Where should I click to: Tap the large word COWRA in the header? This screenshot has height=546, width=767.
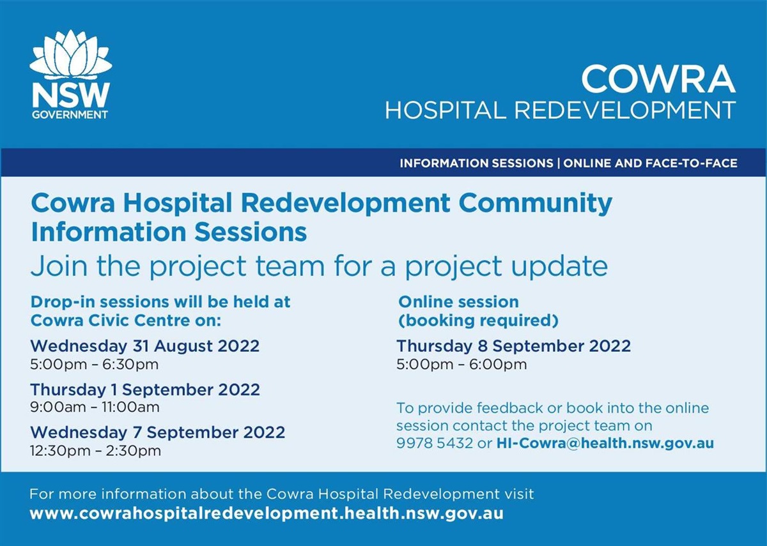[x=658, y=79]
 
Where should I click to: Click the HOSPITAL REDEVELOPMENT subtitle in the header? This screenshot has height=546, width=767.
[x=560, y=110]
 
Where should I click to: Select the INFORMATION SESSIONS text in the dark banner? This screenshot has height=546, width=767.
[x=476, y=163]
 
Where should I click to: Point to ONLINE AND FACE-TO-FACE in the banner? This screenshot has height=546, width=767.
[x=650, y=163]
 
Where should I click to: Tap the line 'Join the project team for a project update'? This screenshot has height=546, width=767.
[x=319, y=266]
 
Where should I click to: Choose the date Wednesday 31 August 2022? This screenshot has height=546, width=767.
[x=145, y=346]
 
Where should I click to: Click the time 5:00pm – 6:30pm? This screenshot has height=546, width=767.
[x=94, y=365]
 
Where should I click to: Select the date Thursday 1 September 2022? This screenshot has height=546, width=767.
[x=145, y=389]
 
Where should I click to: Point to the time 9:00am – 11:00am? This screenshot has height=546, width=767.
[x=95, y=407]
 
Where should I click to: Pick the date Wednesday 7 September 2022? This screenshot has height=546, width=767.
[x=157, y=432]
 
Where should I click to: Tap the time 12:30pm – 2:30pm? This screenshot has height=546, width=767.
[x=95, y=450]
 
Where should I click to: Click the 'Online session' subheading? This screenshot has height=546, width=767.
[x=458, y=301]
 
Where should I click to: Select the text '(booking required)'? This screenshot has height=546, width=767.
[x=478, y=319]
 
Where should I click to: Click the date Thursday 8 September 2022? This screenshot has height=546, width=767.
[x=513, y=346]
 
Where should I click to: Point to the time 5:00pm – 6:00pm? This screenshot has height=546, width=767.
[x=461, y=365]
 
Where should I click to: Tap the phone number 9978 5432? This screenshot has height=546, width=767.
[x=435, y=443]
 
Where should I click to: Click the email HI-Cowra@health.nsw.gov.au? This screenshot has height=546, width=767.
[x=605, y=443]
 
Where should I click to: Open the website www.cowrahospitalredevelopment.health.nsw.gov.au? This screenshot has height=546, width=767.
[x=267, y=513]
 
